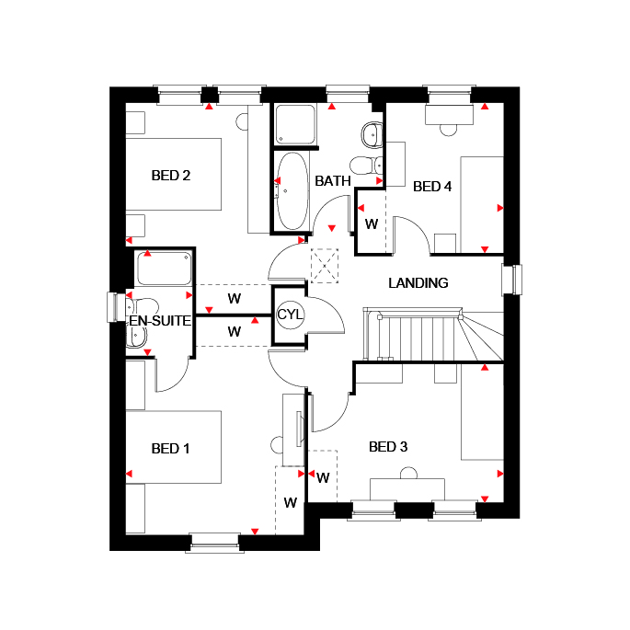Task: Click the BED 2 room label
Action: point(171,176)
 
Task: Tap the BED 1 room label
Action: point(170,449)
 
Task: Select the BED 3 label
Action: point(388,447)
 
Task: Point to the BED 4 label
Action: point(432,187)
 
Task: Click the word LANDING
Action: point(418,283)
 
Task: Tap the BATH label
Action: point(333,181)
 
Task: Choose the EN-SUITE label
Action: point(160,321)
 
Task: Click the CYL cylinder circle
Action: point(290,315)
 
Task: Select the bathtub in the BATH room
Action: point(292,191)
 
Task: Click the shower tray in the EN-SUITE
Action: point(164,269)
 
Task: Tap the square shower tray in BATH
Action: point(295,123)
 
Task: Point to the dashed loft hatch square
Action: point(325,266)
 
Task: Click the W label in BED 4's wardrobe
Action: point(372,224)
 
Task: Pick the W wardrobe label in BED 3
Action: point(323,477)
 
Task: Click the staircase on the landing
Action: point(433,334)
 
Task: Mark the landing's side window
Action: point(512,280)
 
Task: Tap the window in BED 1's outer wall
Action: point(214,543)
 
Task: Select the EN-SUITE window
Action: point(116,307)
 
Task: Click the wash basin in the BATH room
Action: point(372,134)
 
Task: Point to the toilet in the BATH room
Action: point(366,166)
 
